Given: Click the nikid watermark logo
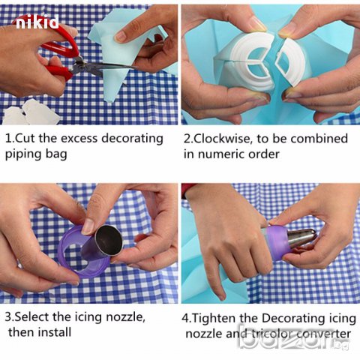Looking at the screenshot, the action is coord(37,22).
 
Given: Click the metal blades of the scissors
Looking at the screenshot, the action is coord(105,67).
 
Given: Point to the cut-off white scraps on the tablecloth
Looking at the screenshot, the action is coord(30,112).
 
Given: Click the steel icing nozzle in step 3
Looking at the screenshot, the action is coord(105,243).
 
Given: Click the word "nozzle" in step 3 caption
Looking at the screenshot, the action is coord(125,317).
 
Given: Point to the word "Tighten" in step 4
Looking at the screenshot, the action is coord(214,319).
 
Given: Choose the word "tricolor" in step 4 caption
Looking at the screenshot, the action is coord(271,334).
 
